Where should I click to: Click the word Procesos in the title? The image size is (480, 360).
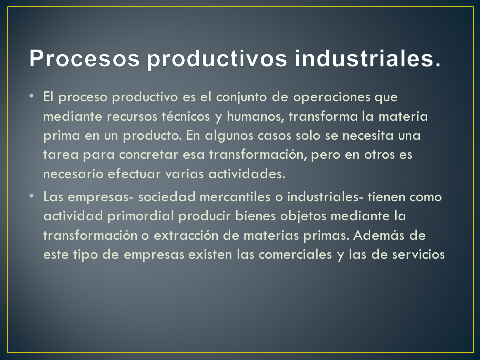[x=84, y=58]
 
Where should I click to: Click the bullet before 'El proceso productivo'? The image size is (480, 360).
[x=32, y=96]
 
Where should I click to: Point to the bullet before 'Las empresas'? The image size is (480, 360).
[x=32, y=196]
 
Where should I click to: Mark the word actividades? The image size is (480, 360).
[x=247, y=174]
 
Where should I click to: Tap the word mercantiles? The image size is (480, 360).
[x=235, y=197]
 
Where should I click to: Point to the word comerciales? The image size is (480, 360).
[x=295, y=255]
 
